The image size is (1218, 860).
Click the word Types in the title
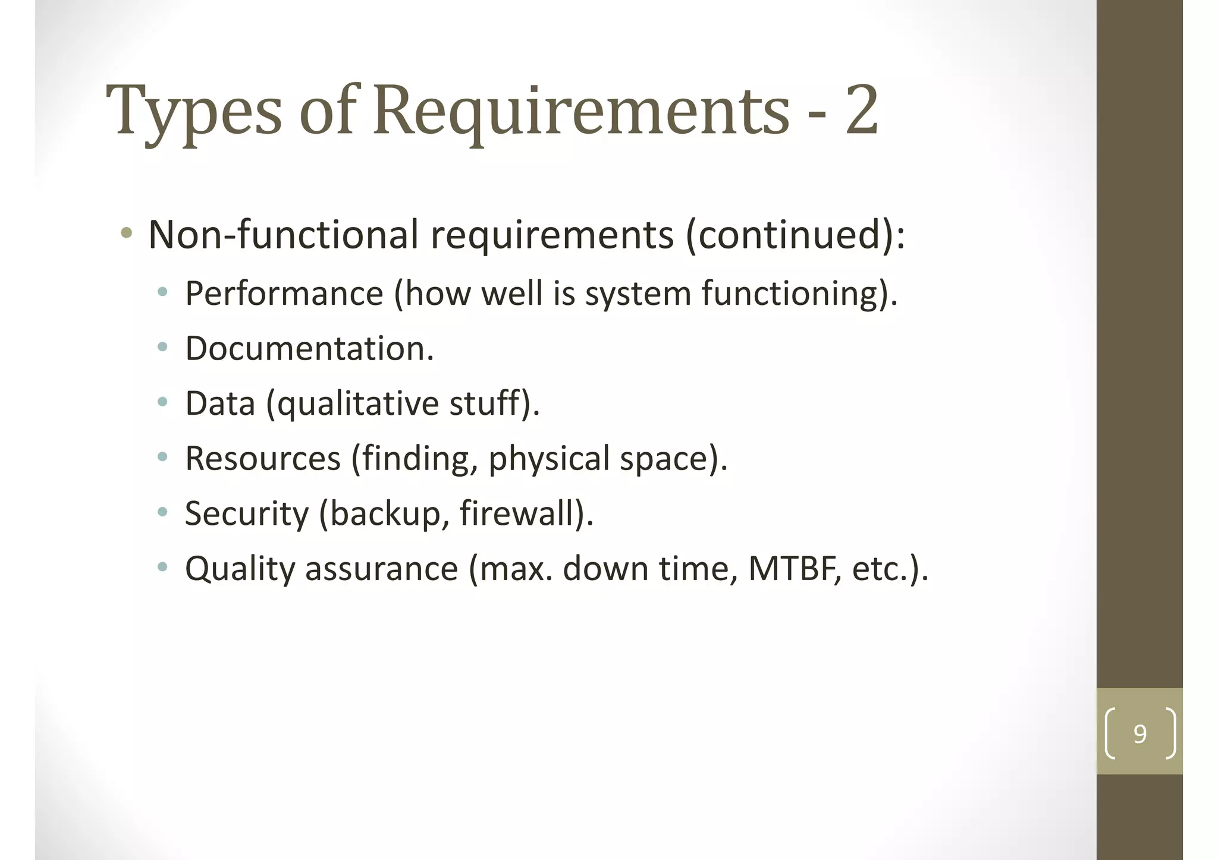tap(194, 111)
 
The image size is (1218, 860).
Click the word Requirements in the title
tap(581, 111)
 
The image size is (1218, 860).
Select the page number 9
tap(1139, 734)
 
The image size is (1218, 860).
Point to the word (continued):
tap(795, 234)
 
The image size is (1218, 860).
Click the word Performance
tap(284, 293)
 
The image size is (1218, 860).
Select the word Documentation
tap(309, 348)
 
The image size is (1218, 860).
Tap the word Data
tap(220, 403)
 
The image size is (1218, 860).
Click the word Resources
tap(263, 458)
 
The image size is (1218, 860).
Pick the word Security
tap(247, 514)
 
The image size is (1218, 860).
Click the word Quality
tap(240, 569)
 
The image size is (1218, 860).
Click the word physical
tap(549, 459)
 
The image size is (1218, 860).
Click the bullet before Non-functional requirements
tap(126, 233)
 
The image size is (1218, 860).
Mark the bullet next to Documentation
tap(162, 347)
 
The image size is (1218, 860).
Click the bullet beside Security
tap(162, 512)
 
